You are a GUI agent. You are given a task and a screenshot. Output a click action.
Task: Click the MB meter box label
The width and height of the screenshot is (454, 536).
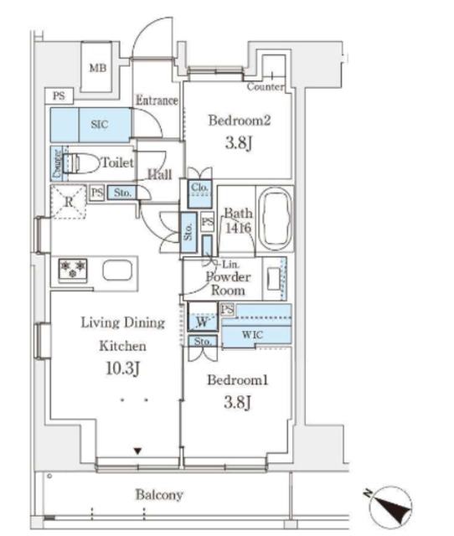[98, 68]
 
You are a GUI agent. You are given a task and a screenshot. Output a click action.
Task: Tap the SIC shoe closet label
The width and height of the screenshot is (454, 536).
[99, 125]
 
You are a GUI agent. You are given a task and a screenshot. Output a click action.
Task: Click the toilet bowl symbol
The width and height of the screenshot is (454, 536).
[82, 164]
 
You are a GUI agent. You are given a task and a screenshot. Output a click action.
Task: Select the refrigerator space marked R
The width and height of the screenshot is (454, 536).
[69, 202]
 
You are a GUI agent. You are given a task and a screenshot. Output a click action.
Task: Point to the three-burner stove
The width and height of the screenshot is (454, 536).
[73, 269]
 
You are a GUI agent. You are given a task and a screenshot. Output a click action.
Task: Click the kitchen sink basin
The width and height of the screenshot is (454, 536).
[117, 270]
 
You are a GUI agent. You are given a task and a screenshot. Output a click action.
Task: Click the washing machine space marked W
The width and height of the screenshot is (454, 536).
[203, 322]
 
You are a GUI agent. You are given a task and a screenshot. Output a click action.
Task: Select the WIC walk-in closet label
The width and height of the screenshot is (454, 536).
[253, 334]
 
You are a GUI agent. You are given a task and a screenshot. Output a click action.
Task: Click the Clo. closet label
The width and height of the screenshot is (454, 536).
[199, 188]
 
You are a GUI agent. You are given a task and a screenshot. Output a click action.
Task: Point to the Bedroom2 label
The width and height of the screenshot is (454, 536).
[240, 121]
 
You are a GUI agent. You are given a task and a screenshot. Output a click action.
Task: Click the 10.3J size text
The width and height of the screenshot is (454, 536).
[122, 368]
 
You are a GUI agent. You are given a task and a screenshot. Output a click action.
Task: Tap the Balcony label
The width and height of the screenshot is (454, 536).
[159, 495]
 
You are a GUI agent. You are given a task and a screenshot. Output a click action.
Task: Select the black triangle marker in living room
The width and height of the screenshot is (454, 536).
[137, 451]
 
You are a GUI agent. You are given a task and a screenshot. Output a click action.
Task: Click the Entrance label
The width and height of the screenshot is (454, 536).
[157, 100]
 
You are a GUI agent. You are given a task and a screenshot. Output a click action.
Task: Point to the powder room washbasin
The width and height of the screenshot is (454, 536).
[274, 279]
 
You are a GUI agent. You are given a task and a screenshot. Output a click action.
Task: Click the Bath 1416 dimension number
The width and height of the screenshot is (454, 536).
[238, 228]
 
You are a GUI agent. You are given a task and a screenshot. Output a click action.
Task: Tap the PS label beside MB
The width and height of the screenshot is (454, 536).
[59, 95]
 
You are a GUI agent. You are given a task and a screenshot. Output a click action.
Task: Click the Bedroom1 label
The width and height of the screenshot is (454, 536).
[238, 380]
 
